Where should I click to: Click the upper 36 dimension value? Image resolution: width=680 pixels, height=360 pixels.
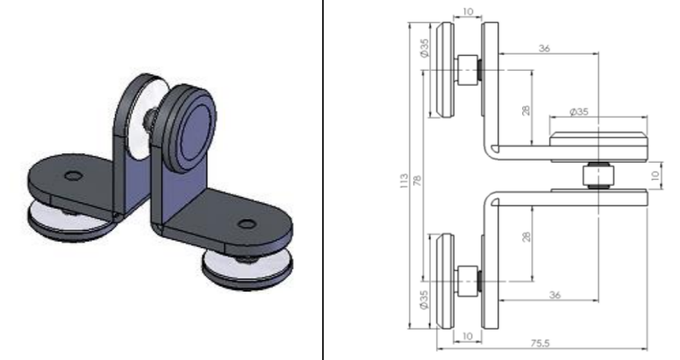544,48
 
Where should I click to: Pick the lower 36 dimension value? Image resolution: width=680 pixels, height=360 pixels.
554,295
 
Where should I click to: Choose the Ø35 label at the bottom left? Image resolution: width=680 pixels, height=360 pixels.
424,300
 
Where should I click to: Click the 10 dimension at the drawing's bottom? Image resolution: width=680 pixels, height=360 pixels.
467,336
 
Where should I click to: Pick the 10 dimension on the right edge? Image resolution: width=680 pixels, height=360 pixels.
655,176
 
